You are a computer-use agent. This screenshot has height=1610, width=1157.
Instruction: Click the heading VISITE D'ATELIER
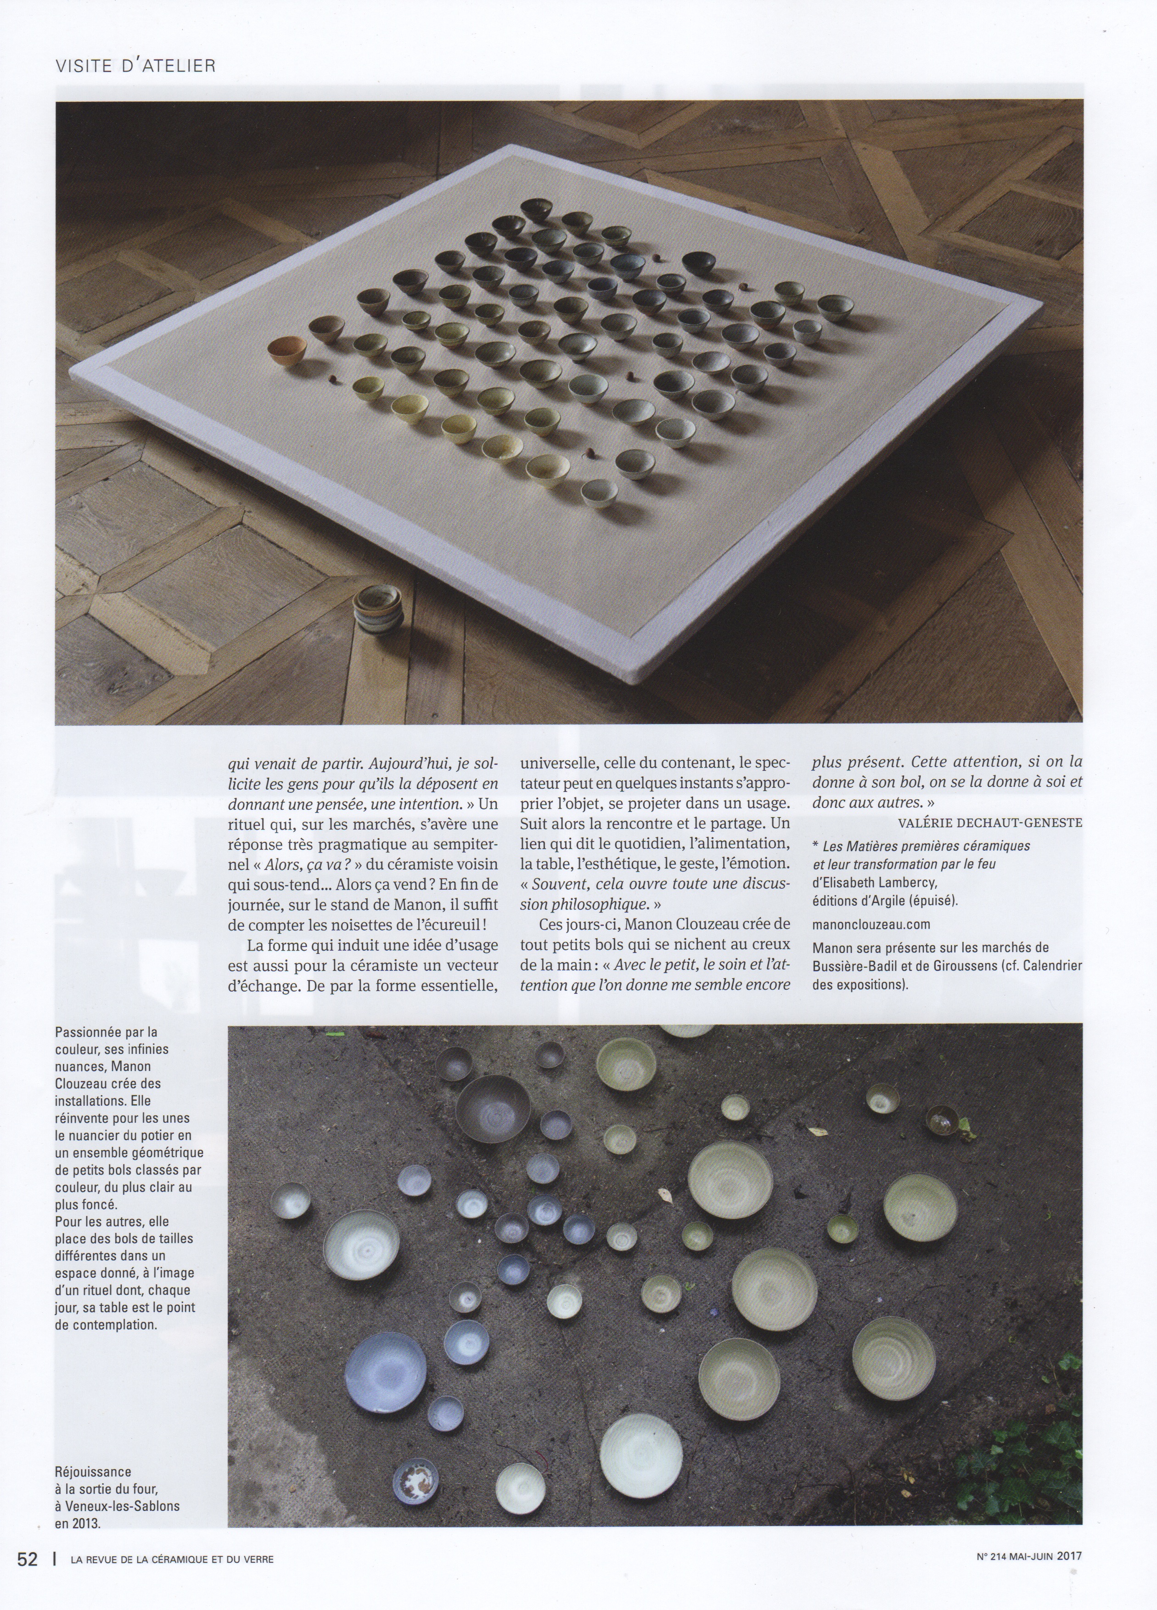[x=135, y=66]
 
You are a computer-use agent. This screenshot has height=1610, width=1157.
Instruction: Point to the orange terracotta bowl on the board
[x=287, y=351]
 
